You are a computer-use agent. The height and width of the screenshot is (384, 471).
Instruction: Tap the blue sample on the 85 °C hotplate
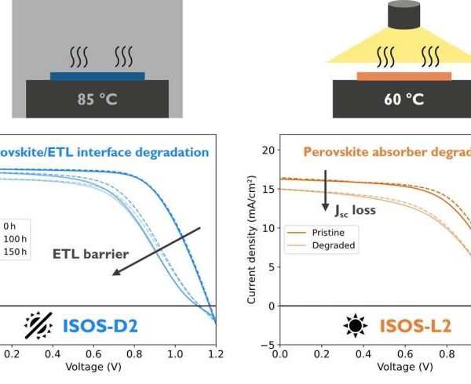click(x=97, y=76)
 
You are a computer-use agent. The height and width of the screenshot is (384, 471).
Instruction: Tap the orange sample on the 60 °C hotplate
click(x=404, y=76)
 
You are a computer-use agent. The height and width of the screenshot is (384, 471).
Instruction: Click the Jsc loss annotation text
click(x=358, y=210)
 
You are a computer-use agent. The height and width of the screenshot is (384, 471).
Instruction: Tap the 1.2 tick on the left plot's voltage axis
click(x=215, y=353)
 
